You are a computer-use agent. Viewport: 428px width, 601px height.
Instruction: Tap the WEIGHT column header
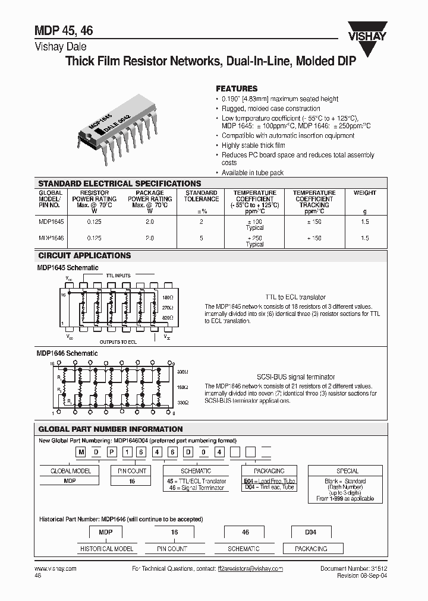(x=364, y=193)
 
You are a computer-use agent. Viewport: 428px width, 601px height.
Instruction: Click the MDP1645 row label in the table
(x=52, y=221)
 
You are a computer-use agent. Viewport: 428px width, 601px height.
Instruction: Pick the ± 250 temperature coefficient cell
(x=254, y=238)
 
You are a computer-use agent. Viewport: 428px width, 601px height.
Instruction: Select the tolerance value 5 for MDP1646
(x=201, y=238)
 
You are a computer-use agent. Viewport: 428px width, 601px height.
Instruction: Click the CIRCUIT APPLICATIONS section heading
(x=84, y=256)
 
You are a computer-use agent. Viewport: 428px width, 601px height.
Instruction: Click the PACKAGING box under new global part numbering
(x=269, y=470)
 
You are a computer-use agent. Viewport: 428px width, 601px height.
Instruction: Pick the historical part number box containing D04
(x=307, y=533)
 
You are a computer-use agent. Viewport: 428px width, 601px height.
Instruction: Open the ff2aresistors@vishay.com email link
(x=250, y=568)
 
